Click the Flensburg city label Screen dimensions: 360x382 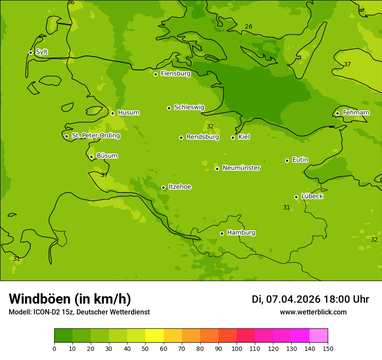pos(175,74)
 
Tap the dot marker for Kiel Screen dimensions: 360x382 pos(233,137)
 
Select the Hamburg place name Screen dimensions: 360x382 pos(241,233)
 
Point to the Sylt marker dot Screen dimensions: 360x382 pos(30,52)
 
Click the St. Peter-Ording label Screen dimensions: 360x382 pos(95,136)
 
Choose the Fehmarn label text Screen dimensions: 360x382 pos(356,113)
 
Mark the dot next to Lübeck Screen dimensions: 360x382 pos(296,197)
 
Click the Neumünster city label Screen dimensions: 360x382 pos(241,168)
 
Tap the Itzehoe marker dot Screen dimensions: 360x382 pos(163,187)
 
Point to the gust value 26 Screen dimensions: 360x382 pos(248,27)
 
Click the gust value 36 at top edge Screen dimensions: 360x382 pos(71,3)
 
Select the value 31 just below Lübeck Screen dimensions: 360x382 pos(286,208)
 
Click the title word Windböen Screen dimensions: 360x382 pos(40,299)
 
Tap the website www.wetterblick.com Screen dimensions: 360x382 pos(313,312)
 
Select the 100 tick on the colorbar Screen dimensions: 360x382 pos(237,348)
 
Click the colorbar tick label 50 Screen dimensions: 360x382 pos(145,348)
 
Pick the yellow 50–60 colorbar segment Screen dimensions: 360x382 pos(155,336)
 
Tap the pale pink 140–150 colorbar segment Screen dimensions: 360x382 pos(319,336)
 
